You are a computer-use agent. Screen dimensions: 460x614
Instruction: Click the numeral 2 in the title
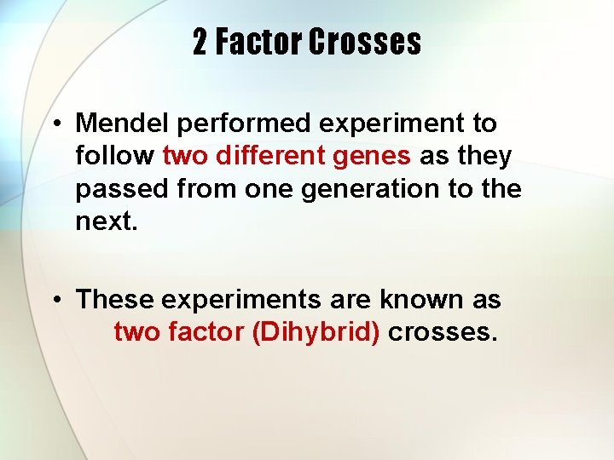click(200, 42)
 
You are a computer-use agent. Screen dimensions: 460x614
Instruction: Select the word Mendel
click(123, 124)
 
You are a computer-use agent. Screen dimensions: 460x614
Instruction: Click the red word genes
click(377, 157)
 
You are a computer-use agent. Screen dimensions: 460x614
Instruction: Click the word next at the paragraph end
click(103, 221)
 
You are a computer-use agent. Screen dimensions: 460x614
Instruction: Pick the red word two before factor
click(135, 332)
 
